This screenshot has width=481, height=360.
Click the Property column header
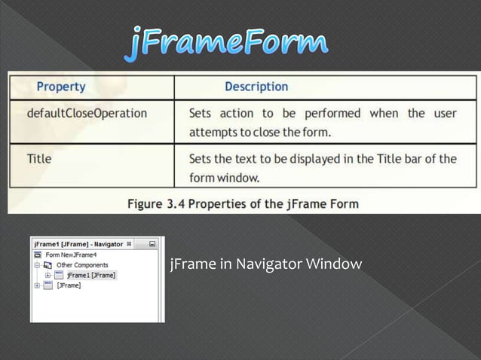coord(62,87)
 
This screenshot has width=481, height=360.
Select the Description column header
coord(256,87)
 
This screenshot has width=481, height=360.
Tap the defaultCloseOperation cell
coord(87,114)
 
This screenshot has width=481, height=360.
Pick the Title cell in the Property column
coord(39,159)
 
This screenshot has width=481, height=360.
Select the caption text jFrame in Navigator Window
coord(266,264)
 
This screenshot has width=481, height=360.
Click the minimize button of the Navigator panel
coord(152,244)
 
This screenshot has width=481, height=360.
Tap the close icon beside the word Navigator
coord(129,244)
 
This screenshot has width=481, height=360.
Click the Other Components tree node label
coord(82,265)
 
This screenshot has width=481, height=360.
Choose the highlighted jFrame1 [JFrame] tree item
coord(90,276)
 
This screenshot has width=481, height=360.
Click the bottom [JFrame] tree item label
coord(69,285)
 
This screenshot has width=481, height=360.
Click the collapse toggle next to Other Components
coord(37,265)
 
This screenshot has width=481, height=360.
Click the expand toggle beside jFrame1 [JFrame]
coord(47,276)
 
